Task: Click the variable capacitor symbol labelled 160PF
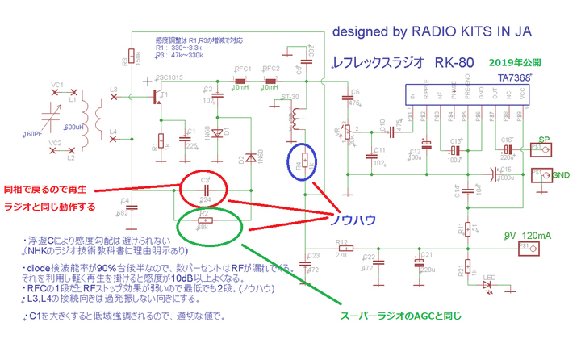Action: [x=56, y=112]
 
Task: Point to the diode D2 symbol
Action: [x=252, y=157]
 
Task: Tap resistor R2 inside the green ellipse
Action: [x=207, y=220]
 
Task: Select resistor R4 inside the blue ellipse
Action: [x=304, y=161]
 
